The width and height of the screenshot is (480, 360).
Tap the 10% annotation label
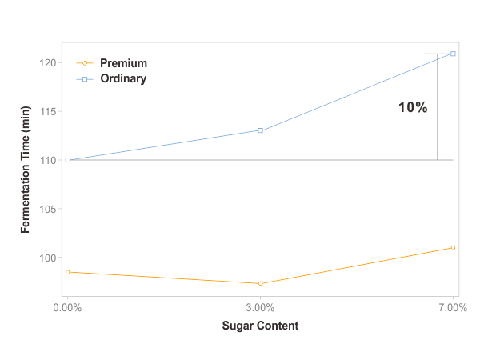(413, 107)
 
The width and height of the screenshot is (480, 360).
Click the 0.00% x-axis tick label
(67, 307)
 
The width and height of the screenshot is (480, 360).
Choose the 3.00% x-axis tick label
(260, 307)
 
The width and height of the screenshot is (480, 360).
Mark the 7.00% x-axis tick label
(452, 307)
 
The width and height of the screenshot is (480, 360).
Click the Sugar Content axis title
(260, 326)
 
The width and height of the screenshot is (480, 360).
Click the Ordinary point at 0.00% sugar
(68, 160)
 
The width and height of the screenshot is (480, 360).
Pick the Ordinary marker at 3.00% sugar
(260, 130)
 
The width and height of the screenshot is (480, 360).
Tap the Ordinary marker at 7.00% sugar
(453, 54)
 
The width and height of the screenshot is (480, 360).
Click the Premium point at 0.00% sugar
(68, 272)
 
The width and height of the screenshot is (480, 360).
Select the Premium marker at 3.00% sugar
(260, 283)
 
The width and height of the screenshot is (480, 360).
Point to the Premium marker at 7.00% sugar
(453, 248)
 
